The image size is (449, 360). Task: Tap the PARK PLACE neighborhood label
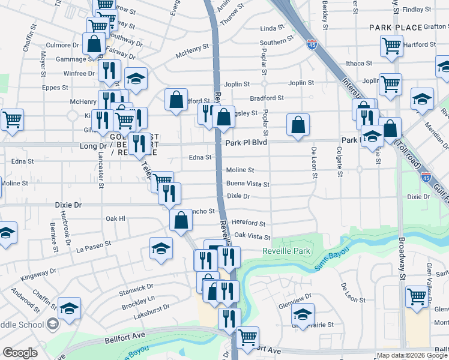[393, 28]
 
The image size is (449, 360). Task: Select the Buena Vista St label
[247, 185]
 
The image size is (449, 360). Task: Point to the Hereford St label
[249, 223]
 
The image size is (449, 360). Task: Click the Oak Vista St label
[252, 237]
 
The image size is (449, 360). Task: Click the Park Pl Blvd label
[246, 143]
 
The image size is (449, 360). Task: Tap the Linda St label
[272, 29]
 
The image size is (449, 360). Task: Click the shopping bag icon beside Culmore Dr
[94, 44]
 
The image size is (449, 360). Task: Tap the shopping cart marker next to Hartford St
[391, 46]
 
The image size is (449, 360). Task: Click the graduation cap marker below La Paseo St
[161, 248]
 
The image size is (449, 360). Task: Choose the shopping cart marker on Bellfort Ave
[247, 338]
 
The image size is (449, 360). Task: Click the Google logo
[20, 353]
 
